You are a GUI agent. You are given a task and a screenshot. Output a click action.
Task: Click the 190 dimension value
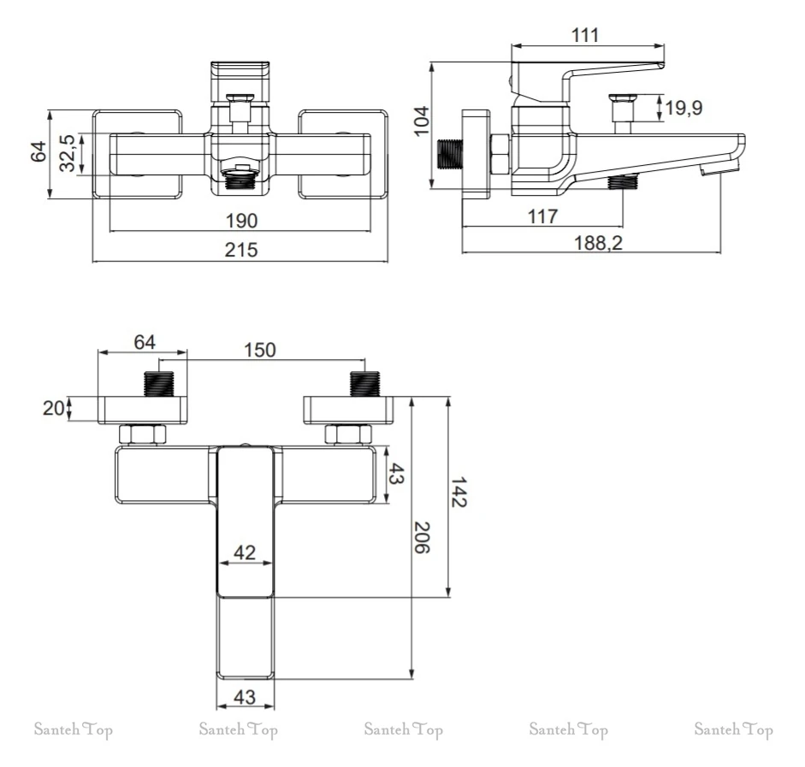242,221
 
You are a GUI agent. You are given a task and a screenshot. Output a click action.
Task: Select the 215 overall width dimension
240,250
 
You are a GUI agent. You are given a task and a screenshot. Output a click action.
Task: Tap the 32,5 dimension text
68,153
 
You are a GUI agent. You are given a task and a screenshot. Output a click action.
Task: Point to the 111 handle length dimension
585,35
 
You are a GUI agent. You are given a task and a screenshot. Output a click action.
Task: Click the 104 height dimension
422,121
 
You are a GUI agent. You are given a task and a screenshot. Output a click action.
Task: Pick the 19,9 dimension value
684,109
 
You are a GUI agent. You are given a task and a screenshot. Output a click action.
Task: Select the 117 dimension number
542,216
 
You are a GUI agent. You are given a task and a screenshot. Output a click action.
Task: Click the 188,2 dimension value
598,242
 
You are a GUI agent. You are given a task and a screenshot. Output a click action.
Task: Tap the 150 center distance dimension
260,350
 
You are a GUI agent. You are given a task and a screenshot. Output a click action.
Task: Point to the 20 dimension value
53,409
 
